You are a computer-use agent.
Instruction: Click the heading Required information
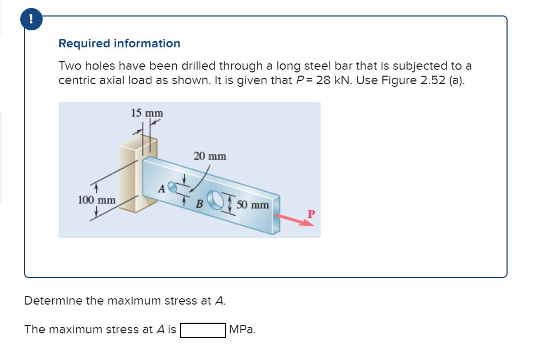pyautogui.click(x=119, y=44)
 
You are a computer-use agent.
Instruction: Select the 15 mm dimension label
pyautogui.click(x=147, y=113)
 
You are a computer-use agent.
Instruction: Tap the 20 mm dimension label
pyautogui.click(x=210, y=156)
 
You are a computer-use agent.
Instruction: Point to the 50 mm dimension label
pyautogui.click(x=252, y=204)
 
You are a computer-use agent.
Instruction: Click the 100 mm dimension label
pyautogui.click(x=96, y=200)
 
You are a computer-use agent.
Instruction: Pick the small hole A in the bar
pyautogui.click(x=171, y=186)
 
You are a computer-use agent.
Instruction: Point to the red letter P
pyautogui.click(x=312, y=214)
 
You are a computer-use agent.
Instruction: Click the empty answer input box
pyautogui.click(x=202, y=330)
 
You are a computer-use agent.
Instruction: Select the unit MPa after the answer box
pyautogui.click(x=242, y=330)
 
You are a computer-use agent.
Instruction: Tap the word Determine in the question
pyautogui.click(x=53, y=301)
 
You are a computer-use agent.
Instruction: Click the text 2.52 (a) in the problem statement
pyautogui.click(x=438, y=80)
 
